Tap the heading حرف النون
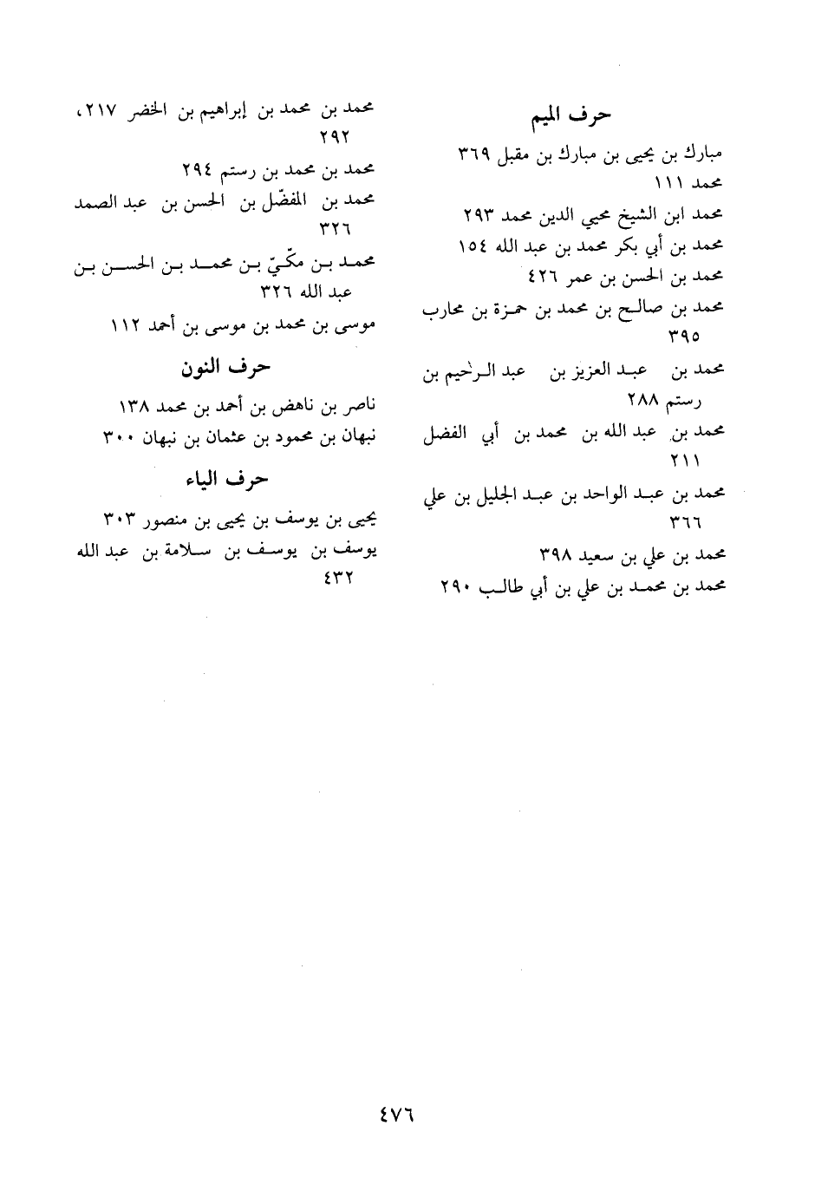(x=225, y=368)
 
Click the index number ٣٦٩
(x=476, y=154)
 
